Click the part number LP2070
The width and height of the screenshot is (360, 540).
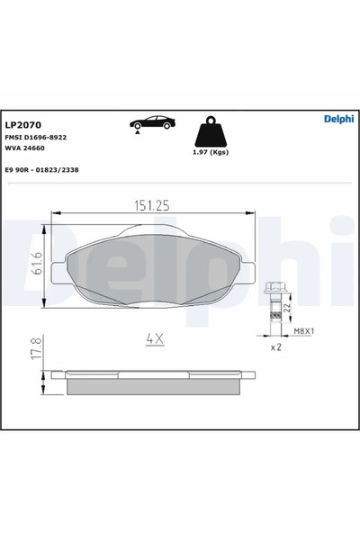click(x=22, y=124)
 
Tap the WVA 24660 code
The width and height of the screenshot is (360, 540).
click(x=24, y=148)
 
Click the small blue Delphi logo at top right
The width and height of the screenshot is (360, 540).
click(x=338, y=119)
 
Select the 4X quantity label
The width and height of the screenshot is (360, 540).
click(x=153, y=339)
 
